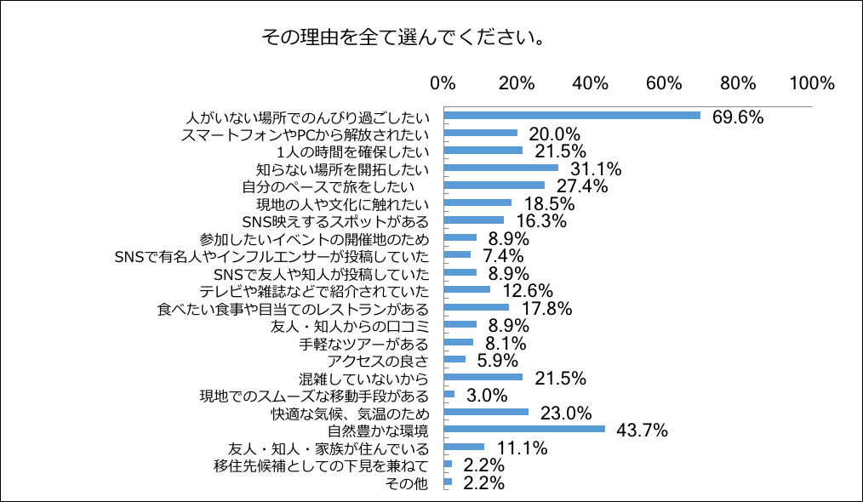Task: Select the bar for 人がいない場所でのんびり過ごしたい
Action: (x=572, y=116)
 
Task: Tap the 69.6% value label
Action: (x=737, y=117)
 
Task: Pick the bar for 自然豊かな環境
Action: (x=524, y=429)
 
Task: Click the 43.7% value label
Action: (x=642, y=430)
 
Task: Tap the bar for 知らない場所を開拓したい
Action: (x=501, y=168)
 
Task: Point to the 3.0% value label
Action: (x=487, y=395)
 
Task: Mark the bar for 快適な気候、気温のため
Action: (x=487, y=412)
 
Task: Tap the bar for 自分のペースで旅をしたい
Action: (x=494, y=185)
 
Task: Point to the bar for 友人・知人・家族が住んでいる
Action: (x=465, y=447)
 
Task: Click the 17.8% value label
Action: (x=546, y=308)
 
